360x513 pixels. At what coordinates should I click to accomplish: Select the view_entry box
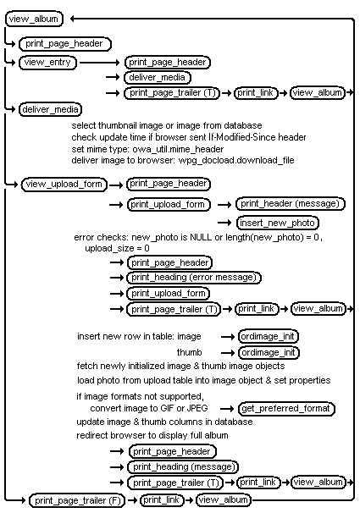point(47,62)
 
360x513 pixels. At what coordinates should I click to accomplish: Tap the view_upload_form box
point(62,184)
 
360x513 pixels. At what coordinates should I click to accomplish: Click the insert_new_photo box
point(277,223)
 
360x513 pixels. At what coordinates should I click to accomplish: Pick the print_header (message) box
point(290,203)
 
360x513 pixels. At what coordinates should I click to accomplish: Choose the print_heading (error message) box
point(194,278)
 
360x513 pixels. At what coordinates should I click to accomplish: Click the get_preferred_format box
point(286,409)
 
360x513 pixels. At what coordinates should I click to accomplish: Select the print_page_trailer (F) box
point(76,500)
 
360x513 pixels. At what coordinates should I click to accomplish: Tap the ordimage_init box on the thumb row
point(268,352)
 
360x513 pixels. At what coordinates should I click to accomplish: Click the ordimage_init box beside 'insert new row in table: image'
point(268,337)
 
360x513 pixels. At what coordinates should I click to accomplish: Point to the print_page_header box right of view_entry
point(168,62)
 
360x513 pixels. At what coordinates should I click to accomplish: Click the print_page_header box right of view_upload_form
point(168,184)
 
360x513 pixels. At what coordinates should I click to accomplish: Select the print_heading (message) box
point(183,467)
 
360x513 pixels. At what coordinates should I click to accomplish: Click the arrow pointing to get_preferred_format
point(226,409)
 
